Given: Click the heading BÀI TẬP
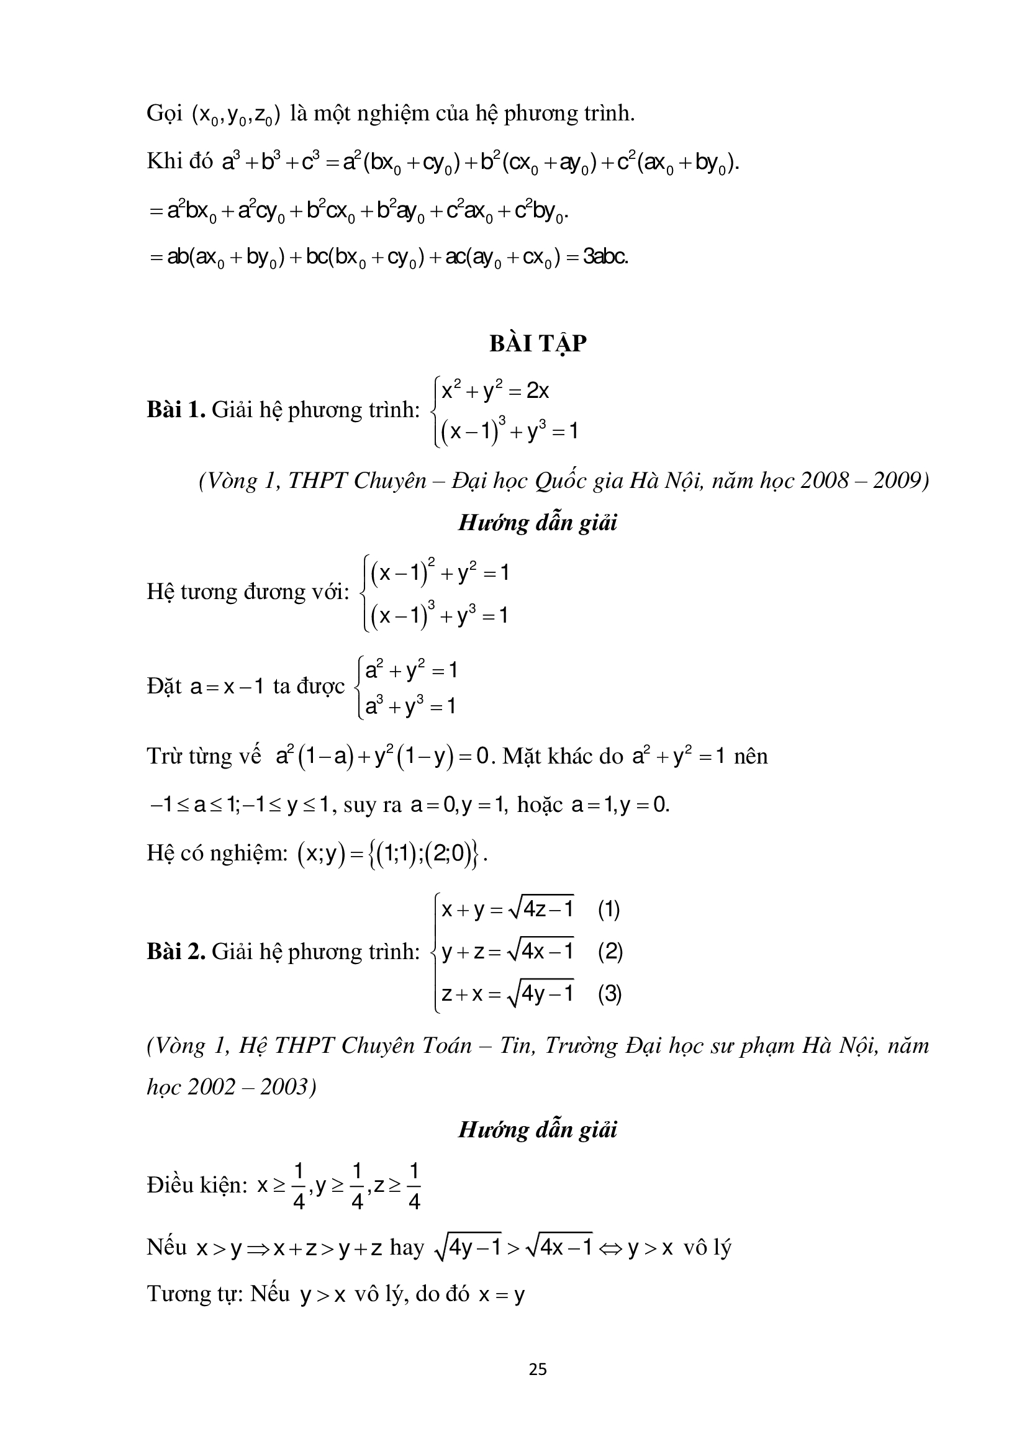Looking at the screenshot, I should [538, 343].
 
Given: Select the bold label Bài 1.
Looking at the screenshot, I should [176, 410].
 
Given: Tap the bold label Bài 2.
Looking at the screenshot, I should [176, 952].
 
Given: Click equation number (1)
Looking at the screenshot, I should [609, 910].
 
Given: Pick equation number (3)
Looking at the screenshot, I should [610, 993].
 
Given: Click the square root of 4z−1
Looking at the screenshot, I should [541, 909].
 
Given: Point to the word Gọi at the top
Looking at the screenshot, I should [165, 114].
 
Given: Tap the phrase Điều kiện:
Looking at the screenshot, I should [197, 1185].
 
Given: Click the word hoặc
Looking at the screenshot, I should [540, 805].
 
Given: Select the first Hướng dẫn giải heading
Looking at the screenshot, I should [538, 523].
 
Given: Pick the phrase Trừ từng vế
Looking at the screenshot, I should [204, 757].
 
